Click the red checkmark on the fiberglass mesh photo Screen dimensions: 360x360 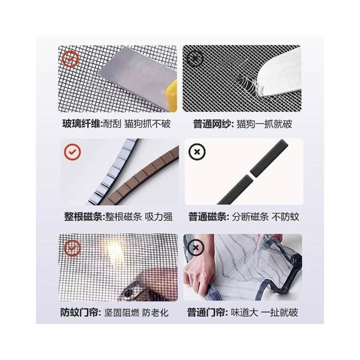click(70, 58)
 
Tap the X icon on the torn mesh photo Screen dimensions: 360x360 click(195, 58)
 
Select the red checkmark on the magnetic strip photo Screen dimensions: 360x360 click(73, 152)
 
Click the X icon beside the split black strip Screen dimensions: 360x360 click(197, 152)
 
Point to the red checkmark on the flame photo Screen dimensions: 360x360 click(73, 248)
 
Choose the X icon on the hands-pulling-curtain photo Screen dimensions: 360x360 click(196, 247)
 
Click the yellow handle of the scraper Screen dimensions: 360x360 click(172, 95)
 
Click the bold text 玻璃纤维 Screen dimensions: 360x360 click(81, 124)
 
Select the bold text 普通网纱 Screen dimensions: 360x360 click(212, 124)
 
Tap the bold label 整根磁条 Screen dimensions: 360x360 click(83, 217)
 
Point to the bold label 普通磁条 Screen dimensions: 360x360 click(207, 217)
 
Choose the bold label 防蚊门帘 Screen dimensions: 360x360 click(79, 313)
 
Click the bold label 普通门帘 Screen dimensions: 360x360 click(206, 313)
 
